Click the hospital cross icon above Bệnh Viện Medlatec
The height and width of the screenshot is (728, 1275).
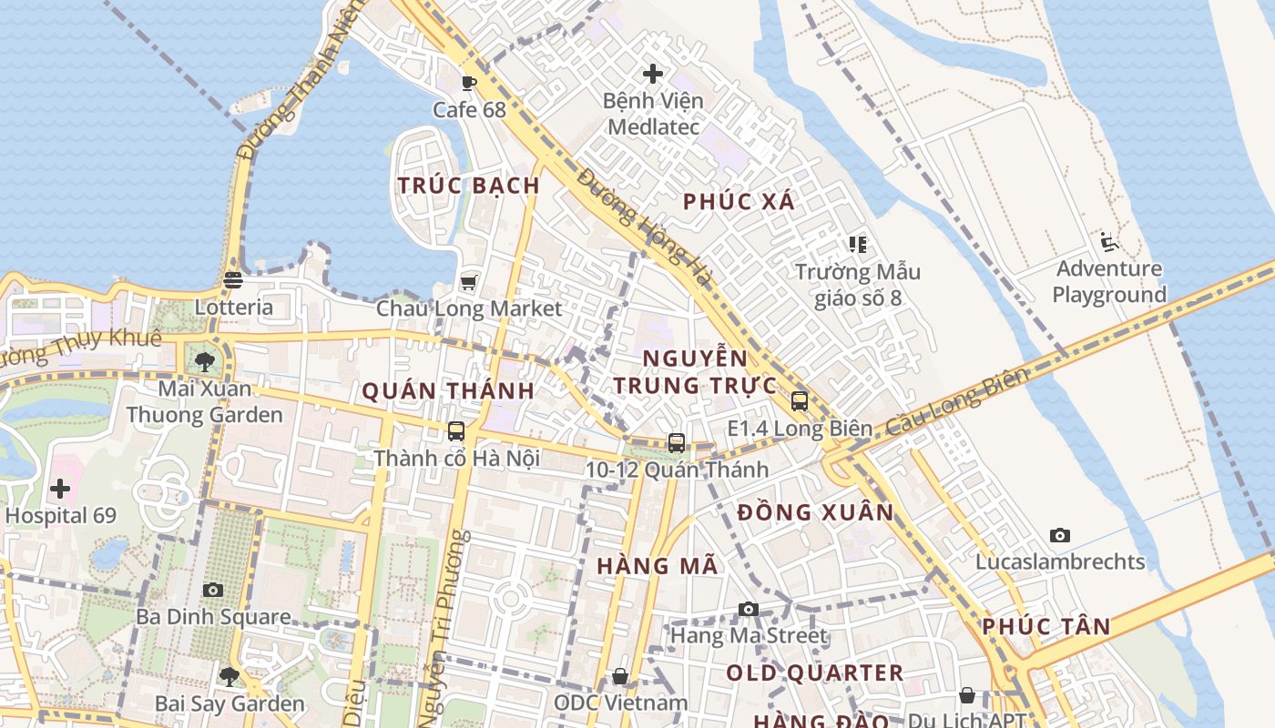tap(653, 73)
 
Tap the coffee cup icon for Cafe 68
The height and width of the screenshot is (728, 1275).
tap(469, 84)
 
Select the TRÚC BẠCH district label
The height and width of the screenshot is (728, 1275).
tap(469, 186)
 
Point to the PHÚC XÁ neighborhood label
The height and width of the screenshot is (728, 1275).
tap(739, 202)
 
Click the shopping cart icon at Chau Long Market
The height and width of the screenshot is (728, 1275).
tap(469, 282)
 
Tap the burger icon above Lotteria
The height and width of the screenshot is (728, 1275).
tap(233, 280)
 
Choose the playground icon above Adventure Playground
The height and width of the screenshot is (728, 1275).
tap(1108, 242)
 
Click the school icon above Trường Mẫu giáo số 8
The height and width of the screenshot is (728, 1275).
tap(857, 244)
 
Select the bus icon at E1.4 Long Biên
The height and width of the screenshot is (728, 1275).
tap(800, 400)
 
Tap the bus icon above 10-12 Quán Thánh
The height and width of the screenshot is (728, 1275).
tap(676, 443)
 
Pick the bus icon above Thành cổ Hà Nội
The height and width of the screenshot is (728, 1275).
tap(456, 431)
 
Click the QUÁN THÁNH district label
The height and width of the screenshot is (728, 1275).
tap(448, 391)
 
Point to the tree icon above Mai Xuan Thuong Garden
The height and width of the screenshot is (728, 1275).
tap(205, 362)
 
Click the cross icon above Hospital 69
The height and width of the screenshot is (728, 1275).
tap(60, 489)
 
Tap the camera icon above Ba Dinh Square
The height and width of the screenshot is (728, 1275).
tap(213, 590)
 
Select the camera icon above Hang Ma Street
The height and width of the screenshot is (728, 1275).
tap(749, 609)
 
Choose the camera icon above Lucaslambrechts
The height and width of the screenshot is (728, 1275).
tap(1059, 535)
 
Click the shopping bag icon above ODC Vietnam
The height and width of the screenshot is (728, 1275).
tap(620, 676)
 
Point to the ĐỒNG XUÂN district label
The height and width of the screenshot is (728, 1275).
tap(816, 512)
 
